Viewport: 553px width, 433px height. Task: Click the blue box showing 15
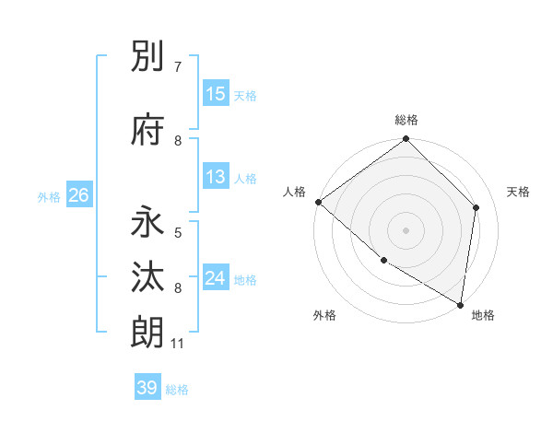click(215, 94)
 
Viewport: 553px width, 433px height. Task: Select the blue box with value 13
click(215, 177)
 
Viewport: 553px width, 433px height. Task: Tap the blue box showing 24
click(215, 278)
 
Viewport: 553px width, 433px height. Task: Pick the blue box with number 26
click(78, 194)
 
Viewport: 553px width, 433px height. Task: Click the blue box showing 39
click(147, 388)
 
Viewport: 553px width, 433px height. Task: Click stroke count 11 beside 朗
click(178, 344)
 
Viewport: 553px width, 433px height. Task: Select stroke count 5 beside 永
click(178, 233)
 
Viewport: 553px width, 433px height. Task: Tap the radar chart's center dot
click(406, 229)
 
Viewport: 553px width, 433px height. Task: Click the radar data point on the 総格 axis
click(406, 139)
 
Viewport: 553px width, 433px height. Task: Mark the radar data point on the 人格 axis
click(318, 202)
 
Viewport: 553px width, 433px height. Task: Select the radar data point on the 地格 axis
click(460, 304)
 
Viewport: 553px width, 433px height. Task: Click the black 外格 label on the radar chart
click(324, 315)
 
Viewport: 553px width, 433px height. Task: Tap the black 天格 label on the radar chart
click(518, 192)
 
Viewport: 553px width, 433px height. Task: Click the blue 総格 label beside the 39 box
click(178, 390)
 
